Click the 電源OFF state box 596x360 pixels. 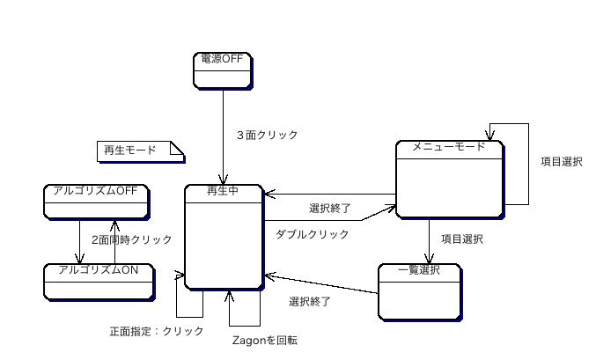[223, 70]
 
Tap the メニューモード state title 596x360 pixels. [449, 147]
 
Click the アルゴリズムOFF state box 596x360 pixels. [95, 202]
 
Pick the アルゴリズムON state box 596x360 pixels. [98, 281]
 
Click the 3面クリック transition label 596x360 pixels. [268, 136]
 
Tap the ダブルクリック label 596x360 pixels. [312, 234]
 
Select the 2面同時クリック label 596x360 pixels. [131, 239]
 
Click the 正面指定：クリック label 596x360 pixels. [157, 331]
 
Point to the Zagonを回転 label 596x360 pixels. [264, 340]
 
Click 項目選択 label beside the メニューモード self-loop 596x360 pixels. [561, 162]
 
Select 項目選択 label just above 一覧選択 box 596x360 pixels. [461, 239]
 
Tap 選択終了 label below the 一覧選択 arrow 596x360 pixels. [310, 302]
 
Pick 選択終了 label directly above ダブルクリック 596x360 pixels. [330, 209]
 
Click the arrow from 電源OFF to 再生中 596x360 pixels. [224, 132]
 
